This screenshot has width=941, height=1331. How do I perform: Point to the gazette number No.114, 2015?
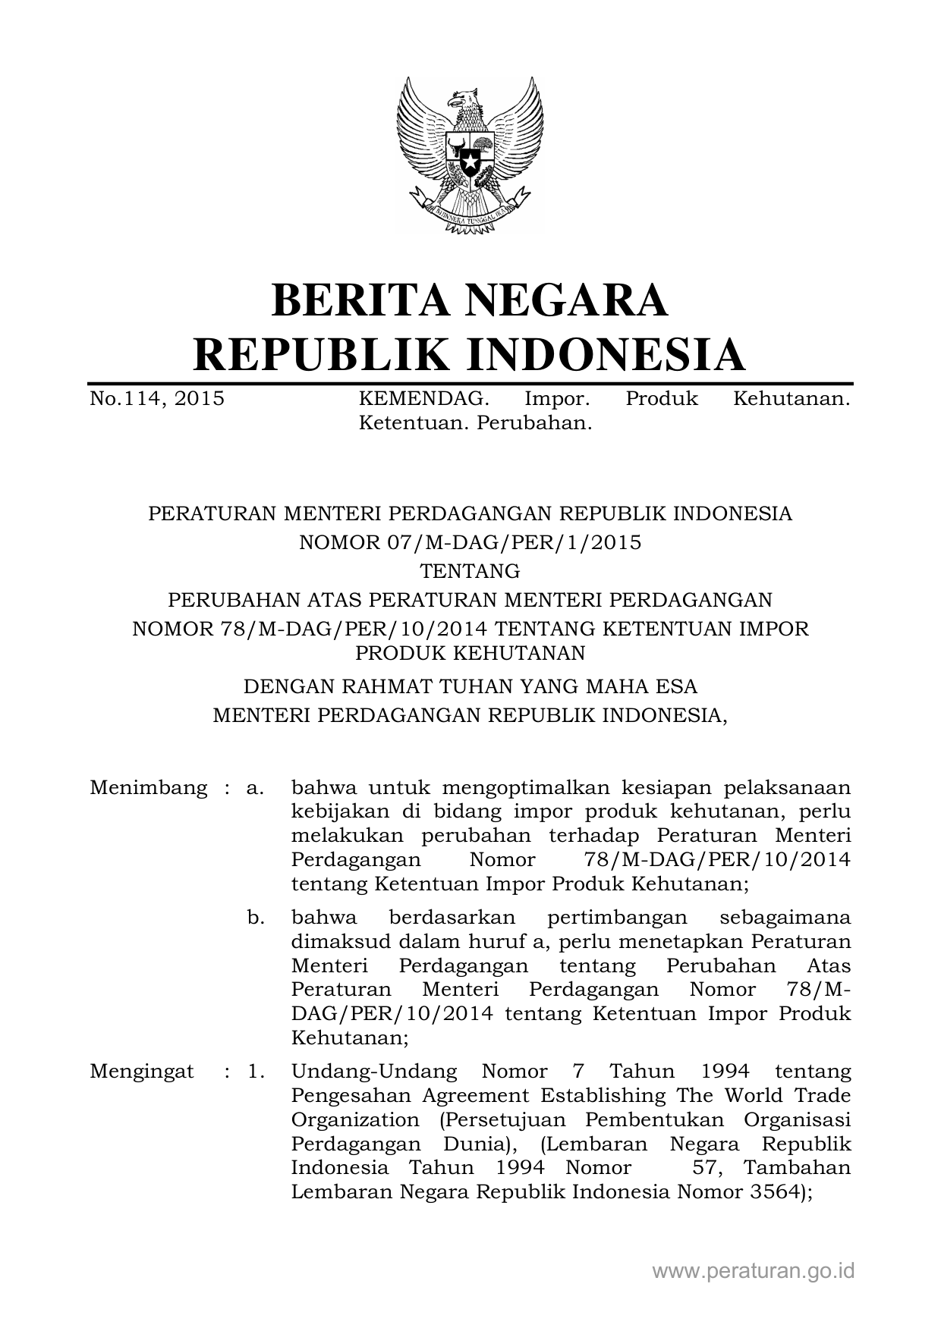tap(157, 399)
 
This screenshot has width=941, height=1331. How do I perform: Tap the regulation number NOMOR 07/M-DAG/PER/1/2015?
tap(470, 542)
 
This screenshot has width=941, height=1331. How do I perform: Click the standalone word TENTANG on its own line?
tap(470, 571)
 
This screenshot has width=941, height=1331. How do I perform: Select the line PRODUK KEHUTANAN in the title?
tap(470, 652)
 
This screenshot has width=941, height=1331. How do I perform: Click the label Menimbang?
tap(148, 788)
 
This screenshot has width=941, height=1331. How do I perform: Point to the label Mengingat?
tap(142, 1072)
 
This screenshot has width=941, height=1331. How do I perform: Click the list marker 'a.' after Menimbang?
tap(255, 788)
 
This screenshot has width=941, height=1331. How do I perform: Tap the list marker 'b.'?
tap(256, 918)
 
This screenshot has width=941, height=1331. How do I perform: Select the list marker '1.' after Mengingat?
tap(255, 1072)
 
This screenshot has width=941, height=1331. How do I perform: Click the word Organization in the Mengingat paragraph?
tap(355, 1120)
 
